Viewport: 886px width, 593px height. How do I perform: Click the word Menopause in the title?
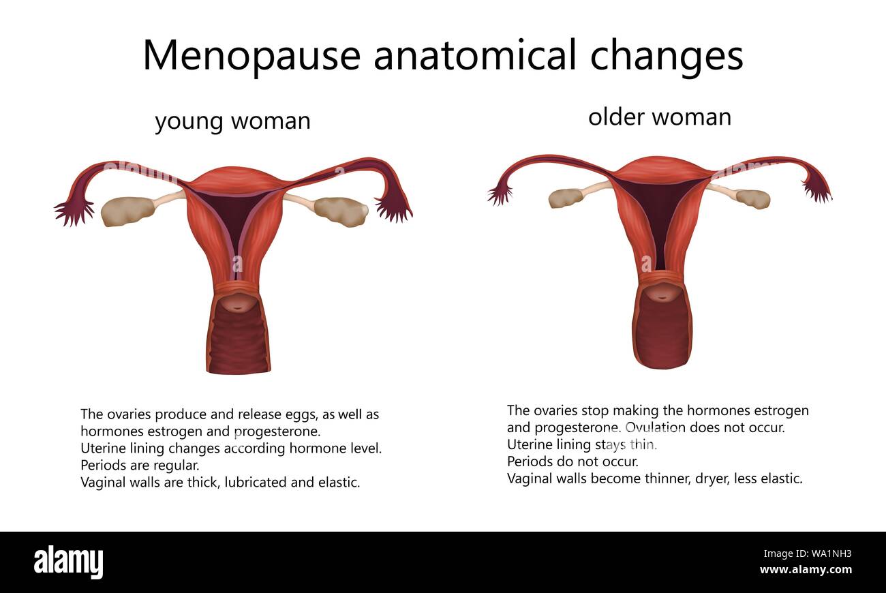point(251,55)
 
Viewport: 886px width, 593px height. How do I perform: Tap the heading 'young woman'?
point(232,121)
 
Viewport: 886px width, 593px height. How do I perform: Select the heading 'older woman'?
point(659,117)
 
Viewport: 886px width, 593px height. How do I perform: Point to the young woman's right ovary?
point(341,211)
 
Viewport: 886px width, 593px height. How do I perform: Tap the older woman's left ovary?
point(566,198)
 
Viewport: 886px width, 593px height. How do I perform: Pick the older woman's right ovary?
point(752,199)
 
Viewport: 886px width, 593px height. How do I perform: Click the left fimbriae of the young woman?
point(74,211)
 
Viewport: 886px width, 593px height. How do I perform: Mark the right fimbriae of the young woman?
point(394,209)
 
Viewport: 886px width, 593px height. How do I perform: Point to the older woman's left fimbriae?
point(500,195)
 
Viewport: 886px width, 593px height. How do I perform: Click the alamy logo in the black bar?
point(68,562)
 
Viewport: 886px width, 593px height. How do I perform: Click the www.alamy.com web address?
point(806,570)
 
